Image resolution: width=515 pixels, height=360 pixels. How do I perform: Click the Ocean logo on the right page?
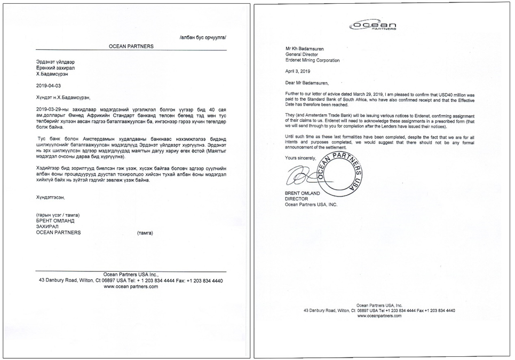[374, 26]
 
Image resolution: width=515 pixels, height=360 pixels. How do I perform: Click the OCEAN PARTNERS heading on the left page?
[131, 46]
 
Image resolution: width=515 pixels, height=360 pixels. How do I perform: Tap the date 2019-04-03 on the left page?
[50, 85]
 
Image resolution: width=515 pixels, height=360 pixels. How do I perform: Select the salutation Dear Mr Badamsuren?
[307, 83]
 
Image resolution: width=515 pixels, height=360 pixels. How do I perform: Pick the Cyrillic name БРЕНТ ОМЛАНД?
[55, 220]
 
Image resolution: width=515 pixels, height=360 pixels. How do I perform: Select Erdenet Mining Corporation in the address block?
[312, 60]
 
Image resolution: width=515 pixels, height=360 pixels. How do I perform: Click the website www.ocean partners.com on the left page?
[131, 287]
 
